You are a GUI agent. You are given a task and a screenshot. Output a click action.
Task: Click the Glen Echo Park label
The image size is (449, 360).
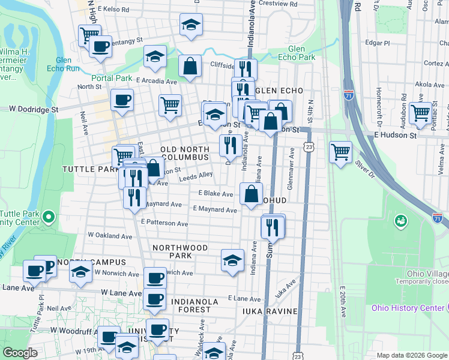[x=293, y=53]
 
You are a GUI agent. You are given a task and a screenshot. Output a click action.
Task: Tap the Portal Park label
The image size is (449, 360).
[x=112, y=78]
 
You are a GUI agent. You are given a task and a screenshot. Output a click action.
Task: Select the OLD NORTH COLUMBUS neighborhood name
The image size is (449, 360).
[x=185, y=153]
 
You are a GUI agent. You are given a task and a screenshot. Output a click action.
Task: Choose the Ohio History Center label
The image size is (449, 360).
[x=408, y=308]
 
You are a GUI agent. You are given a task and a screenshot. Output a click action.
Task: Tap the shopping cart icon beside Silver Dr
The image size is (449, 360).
[x=341, y=151]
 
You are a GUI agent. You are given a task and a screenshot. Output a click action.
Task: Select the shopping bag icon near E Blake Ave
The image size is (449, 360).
[x=250, y=193]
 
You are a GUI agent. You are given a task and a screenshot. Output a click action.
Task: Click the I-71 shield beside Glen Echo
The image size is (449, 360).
[x=349, y=95]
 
